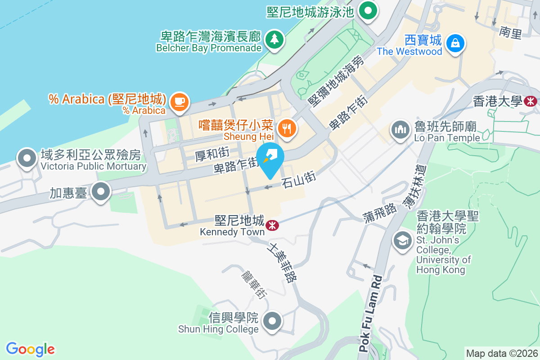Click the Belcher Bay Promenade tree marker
(x=274, y=39)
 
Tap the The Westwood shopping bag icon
(x=455, y=43)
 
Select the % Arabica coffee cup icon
(x=180, y=101)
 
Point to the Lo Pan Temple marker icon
(x=399, y=130)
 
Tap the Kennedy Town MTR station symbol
(x=271, y=225)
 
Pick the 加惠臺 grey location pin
(x=101, y=192)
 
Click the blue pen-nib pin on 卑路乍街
(x=270, y=157)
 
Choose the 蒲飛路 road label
(x=380, y=212)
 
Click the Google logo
(x=30, y=349)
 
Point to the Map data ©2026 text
(x=501, y=353)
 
